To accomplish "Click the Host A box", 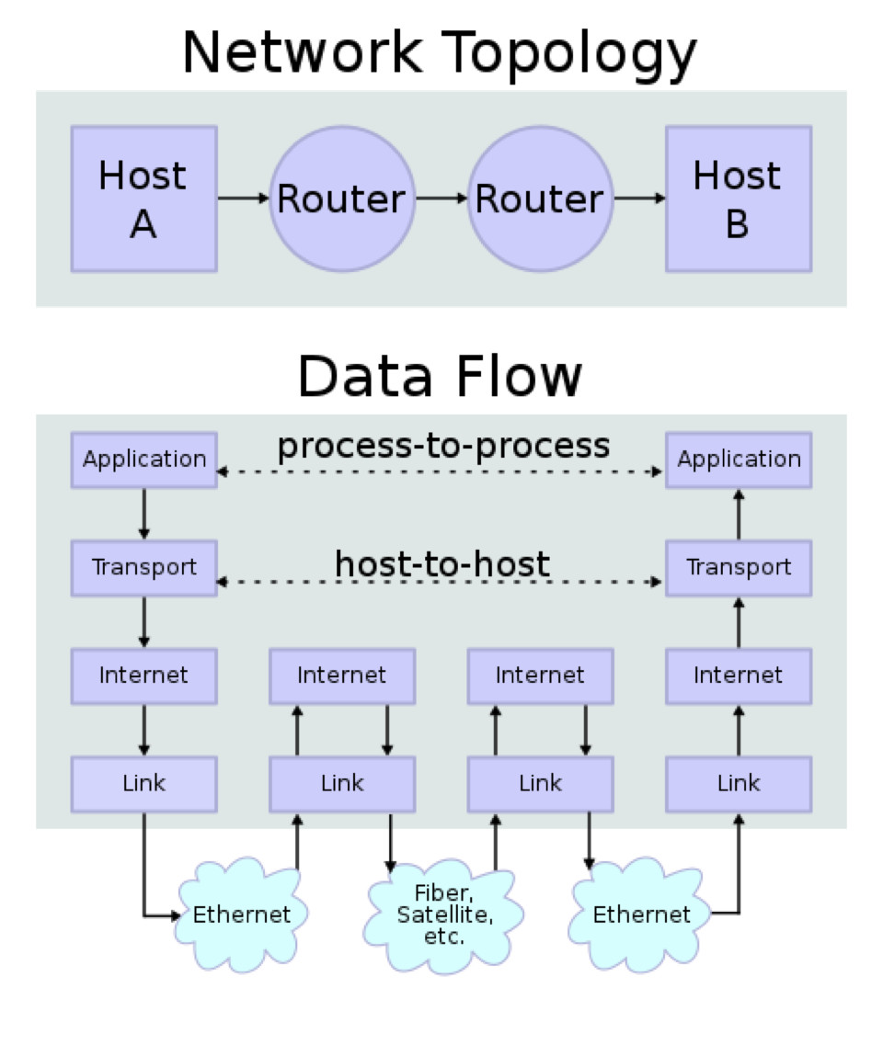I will [x=143, y=199].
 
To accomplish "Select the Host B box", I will [x=739, y=199].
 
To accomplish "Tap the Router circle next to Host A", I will [x=341, y=199].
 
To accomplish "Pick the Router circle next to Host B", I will [x=540, y=199].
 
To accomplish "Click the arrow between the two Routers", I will [x=441, y=199].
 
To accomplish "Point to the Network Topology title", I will [x=440, y=53].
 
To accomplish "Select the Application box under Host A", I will [x=144, y=460].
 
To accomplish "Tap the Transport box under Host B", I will [x=739, y=567].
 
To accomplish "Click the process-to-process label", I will [x=443, y=446].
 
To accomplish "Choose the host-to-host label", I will [x=442, y=563].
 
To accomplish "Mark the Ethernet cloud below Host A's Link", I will [x=241, y=914].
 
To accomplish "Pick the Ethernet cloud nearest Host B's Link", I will [x=641, y=914].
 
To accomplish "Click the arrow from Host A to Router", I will [x=243, y=199].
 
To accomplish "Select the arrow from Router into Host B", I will [x=639, y=199].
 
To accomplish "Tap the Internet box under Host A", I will [x=144, y=676].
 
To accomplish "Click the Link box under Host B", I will [x=739, y=783].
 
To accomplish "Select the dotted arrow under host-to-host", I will [x=441, y=583].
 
